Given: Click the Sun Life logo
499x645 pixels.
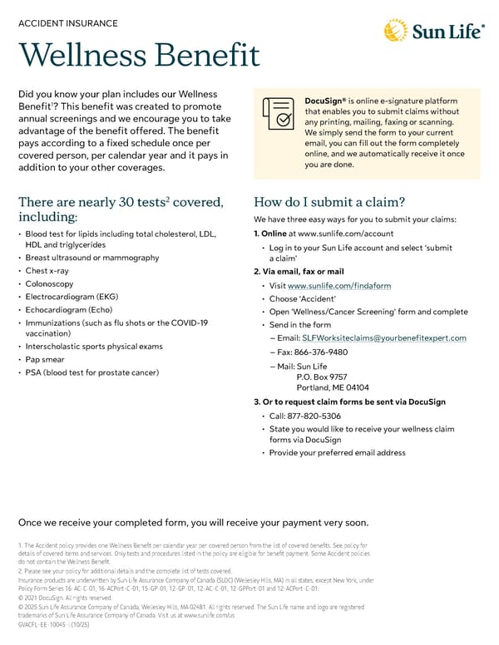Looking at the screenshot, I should point(433,32).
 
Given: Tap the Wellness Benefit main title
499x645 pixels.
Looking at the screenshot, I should point(138,57).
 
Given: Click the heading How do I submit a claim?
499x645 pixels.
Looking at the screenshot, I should point(329,202).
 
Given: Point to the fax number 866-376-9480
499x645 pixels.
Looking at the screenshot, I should point(320,352).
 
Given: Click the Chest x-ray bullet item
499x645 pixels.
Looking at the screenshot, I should point(47,271).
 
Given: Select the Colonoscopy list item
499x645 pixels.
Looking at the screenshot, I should point(49,284).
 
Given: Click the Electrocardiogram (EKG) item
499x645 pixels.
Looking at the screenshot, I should point(72,297).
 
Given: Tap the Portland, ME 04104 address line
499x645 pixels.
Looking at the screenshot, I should point(333,387).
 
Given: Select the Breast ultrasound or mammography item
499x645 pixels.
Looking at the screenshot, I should point(91,258).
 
